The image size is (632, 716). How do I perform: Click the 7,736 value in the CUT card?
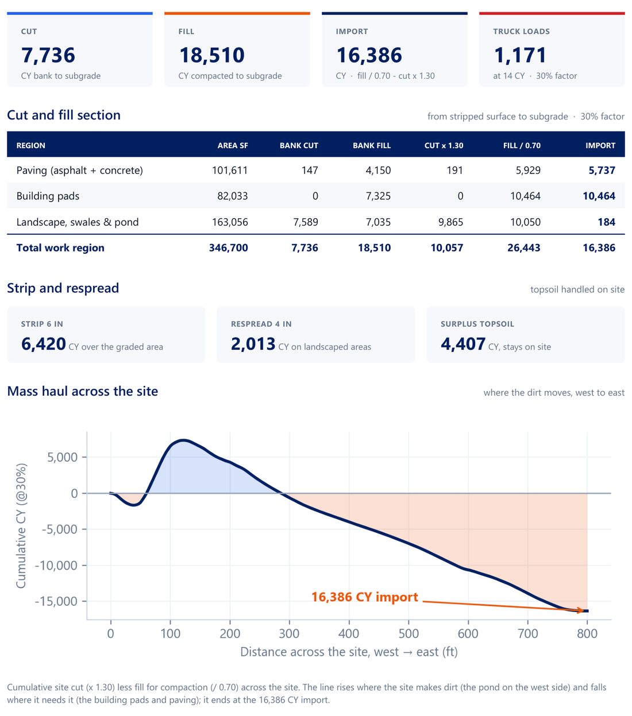point(48,55)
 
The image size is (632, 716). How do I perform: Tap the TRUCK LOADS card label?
point(521,32)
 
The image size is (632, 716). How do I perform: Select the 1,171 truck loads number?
point(520,55)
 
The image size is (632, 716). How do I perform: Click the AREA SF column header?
point(233,145)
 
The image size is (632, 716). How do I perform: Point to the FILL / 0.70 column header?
point(522,145)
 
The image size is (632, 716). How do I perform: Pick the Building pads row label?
point(48,196)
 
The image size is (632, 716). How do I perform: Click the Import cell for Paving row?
point(602,171)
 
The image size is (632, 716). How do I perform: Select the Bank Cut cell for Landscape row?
point(306,222)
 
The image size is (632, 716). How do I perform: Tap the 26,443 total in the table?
point(524,247)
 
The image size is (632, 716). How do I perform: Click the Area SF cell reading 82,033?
point(232,196)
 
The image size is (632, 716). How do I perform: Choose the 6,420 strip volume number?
point(44,344)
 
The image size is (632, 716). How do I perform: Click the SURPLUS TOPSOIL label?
point(477,324)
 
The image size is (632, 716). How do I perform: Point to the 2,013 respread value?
point(253,344)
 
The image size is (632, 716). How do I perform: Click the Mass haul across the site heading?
point(82,391)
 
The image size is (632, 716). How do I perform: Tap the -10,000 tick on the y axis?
point(56,565)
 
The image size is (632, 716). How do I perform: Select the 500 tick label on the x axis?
point(409,633)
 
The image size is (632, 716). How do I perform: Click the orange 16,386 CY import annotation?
point(365,597)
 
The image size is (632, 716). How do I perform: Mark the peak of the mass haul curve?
point(183,440)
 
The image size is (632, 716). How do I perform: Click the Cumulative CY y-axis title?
point(21,526)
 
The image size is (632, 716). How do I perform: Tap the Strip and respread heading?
point(63,288)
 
